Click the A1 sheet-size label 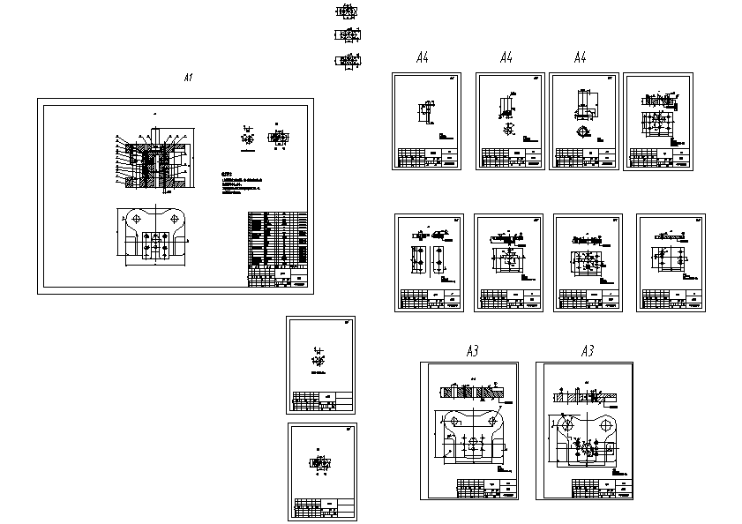(x=187, y=79)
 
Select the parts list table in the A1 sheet (x=277, y=248)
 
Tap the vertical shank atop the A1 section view (x=154, y=134)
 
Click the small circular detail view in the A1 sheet (x=247, y=138)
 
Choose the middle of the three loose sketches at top (x=348, y=35)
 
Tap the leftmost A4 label (x=422, y=58)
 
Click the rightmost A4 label (x=580, y=58)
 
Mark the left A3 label (x=472, y=351)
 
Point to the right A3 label (x=588, y=351)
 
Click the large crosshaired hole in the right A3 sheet (x=566, y=424)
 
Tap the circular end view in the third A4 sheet (x=582, y=131)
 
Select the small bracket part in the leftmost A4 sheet (x=425, y=113)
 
